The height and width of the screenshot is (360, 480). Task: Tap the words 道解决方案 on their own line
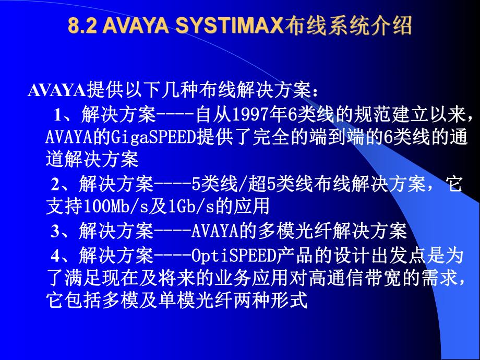click(x=91, y=159)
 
